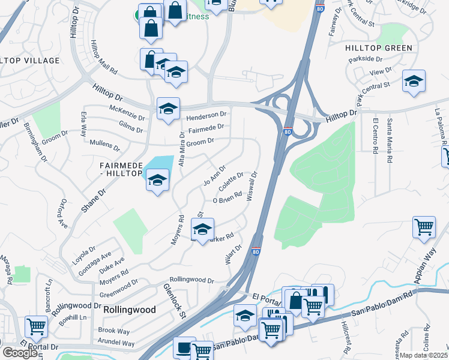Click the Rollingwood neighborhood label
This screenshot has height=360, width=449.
click(x=130, y=310)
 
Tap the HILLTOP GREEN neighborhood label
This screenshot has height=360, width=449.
click(x=378, y=48)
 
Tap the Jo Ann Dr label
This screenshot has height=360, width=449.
click(x=214, y=175)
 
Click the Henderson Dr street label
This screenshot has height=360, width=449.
click(x=206, y=115)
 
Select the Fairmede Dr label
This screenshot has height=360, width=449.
click(x=206, y=128)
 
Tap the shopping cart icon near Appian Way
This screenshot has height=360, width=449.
click(x=424, y=227)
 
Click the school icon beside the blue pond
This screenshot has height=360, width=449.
click(x=157, y=180)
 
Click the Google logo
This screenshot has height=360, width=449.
click(x=20, y=353)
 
